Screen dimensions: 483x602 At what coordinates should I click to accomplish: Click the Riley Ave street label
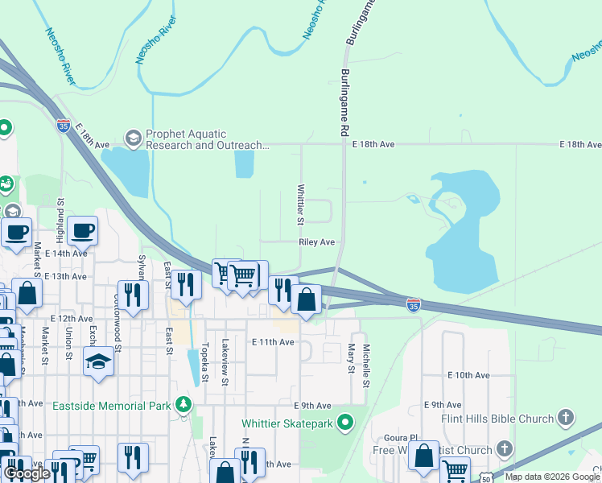[x=316, y=242]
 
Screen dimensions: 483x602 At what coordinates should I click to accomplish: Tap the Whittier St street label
[x=300, y=204]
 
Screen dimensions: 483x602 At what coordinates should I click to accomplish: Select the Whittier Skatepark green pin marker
[x=346, y=421]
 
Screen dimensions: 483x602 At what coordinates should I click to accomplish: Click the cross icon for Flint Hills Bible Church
[x=567, y=417]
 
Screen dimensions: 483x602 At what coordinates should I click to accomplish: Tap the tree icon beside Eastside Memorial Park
[x=185, y=404]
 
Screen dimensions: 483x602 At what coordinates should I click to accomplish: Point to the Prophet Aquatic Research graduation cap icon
[x=132, y=139]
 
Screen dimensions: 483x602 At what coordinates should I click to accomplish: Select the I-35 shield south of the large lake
[x=413, y=304]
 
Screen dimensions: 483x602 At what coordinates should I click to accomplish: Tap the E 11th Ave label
[x=273, y=342]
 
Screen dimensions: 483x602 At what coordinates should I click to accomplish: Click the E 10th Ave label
[x=468, y=375]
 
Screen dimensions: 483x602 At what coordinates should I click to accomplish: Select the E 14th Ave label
[x=66, y=253]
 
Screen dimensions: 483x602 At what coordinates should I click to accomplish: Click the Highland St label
[x=60, y=223]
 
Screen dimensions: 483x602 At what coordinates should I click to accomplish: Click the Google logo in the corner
[x=27, y=473]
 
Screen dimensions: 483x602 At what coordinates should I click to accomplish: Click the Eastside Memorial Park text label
[x=112, y=406]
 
